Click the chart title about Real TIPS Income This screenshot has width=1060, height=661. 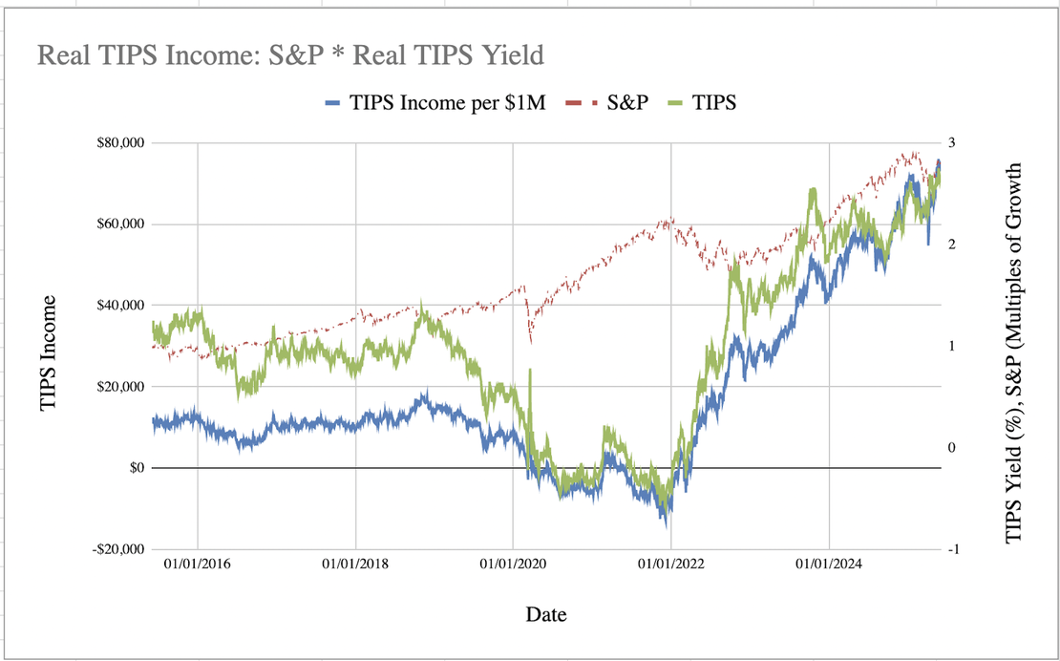(290, 55)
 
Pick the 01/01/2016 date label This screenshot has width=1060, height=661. (198, 565)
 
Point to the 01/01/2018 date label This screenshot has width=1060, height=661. (355, 565)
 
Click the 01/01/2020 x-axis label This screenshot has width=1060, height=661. (513, 565)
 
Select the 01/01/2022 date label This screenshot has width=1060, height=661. (671, 565)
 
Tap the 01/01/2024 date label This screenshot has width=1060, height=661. (829, 565)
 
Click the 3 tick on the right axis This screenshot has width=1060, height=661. (952, 143)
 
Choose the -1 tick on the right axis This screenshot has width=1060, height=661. (950, 549)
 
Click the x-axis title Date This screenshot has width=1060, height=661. (546, 614)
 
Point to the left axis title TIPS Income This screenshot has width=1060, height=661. (49, 353)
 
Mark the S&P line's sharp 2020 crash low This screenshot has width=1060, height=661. (530, 341)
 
